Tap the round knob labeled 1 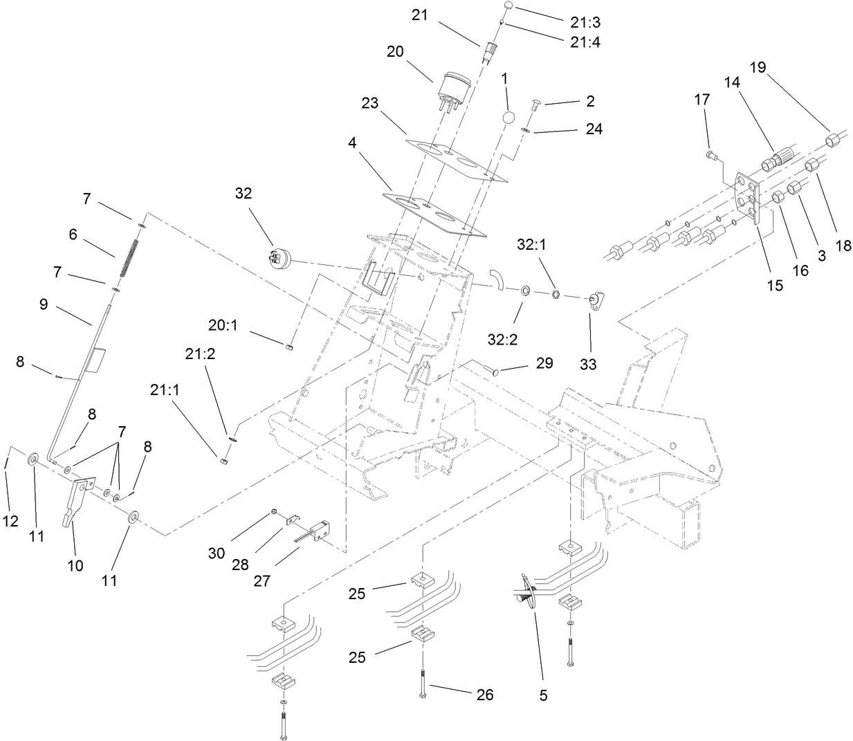[x=508, y=117]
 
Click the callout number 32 [x=244, y=194]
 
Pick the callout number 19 [x=758, y=67]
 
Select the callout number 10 [x=75, y=565]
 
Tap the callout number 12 [x=10, y=522]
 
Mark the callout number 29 [x=544, y=363]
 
